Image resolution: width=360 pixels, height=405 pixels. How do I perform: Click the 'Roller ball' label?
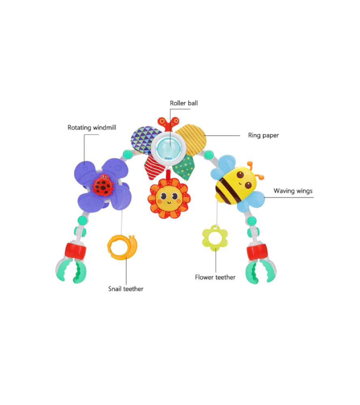click(184, 103)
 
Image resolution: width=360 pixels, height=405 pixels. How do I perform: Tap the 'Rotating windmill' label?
click(92, 128)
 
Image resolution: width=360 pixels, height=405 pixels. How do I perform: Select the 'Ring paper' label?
click(264, 135)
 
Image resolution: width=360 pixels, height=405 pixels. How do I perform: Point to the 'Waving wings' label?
click(293, 191)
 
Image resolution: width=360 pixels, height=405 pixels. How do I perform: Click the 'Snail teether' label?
click(126, 289)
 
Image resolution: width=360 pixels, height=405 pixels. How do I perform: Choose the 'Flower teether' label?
click(215, 277)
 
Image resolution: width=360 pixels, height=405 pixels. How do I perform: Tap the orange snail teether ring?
click(122, 247)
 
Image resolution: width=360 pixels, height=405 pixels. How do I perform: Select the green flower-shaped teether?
click(215, 238)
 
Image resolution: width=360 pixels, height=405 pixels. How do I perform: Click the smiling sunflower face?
click(169, 198)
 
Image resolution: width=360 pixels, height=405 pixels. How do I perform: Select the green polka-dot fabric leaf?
click(184, 167)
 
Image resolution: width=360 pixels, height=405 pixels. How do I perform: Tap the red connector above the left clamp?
click(75, 251)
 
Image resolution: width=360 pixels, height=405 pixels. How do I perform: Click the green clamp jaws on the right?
click(261, 271)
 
